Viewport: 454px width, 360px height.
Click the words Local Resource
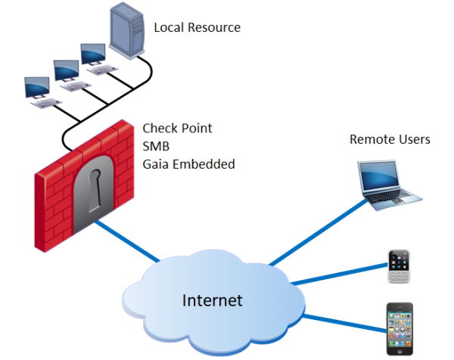197,28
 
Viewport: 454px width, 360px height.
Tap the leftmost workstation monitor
37,85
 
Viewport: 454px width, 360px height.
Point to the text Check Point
177,128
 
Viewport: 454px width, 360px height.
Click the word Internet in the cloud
212,300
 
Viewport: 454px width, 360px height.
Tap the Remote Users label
389,139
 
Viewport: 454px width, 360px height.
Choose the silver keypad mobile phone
399,265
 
